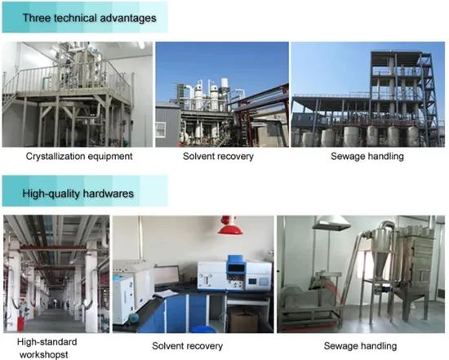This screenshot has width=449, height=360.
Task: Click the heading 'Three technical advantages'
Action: pyautogui.click(x=89, y=18)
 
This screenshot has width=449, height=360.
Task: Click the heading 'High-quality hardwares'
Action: pyautogui.click(x=78, y=193)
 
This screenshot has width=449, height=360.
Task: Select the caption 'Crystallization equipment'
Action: pyautogui.click(x=79, y=157)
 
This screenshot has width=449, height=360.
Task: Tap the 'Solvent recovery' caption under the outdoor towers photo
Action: pyautogui.click(x=218, y=157)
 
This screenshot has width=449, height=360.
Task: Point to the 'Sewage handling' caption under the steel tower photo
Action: pyautogui.click(x=367, y=157)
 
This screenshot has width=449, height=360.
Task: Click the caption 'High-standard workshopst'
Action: pyautogui.click(x=46, y=348)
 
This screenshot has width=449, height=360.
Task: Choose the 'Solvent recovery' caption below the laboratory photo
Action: pyautogui.click(x=187, y=346)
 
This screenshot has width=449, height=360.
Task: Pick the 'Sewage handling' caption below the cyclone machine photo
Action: pyautogui.click(x=360, y=346)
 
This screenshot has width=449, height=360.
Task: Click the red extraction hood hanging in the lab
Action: pyautogui.click(x=229, y=226)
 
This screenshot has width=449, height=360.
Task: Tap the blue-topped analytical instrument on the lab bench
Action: pyautogui.click(x=234, y=273)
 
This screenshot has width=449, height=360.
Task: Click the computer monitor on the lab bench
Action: pyautogui.click(x=167, y=276)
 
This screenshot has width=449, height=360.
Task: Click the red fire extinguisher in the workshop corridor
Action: pyautogui.click(x=20, y=323)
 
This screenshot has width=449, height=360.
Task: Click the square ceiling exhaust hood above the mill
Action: pyautogui.click(x=331, y=223)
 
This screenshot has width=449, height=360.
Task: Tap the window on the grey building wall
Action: pyautogui.click(x=161, y=130)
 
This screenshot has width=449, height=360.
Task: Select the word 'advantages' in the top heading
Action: pyautogui.click(x=128, y=18)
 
